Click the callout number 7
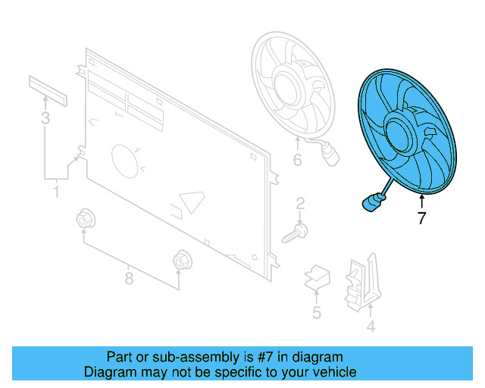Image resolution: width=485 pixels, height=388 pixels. pyautogui.click(x=422, y=220)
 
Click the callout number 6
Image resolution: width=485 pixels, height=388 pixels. pyautogui.click(x=297, y=160)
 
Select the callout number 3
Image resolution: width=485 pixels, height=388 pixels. pyautogui.click(x=45, y=118)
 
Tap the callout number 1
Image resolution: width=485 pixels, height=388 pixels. pyautogui.click(x=55, y=193)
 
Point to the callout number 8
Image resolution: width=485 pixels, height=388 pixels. pyautogui.click(x=129, y=278)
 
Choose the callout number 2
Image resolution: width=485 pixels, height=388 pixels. pyautogui.click(x=300, y=202)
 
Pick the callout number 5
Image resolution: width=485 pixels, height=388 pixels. pyautogui.click(x=316, y=312)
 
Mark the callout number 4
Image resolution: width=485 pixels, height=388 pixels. pyautogui.click(x=371, y=327)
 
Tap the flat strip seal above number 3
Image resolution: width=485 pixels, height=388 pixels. pyautogui.click(x=48, y=89)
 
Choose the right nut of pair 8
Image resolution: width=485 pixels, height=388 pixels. pyautogui.click(x=180, y=260)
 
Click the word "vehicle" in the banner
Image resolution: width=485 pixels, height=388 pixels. pyautogui.click(x=330, y=372)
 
